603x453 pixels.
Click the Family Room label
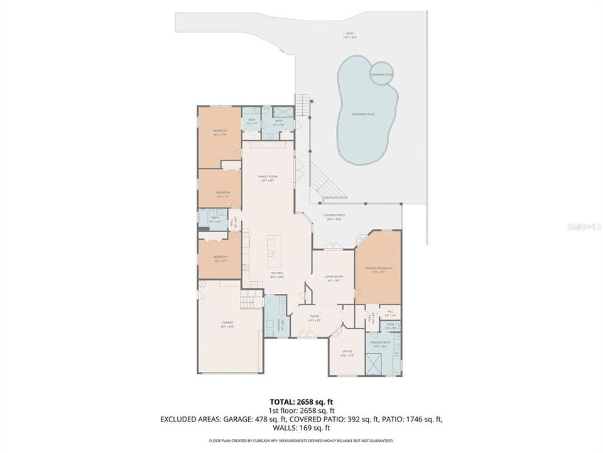tap(268, 177)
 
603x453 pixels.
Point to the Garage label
tap(227, 323)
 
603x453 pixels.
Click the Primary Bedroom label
tap(378, 269)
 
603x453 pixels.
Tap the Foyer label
tap(314, 317)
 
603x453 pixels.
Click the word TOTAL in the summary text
tap(282, 400)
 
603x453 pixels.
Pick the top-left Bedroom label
tap(220, 132)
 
